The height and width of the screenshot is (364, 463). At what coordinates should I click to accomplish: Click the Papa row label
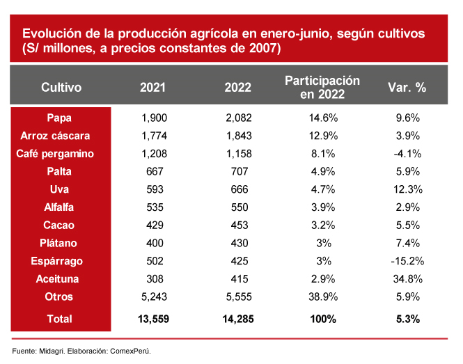(x=59, y=118)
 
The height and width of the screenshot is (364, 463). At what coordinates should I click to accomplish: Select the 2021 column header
(x=152, y=88)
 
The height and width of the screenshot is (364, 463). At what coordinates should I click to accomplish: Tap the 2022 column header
(x=237, y=88)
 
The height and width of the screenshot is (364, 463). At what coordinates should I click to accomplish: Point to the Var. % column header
(x=407, y=88)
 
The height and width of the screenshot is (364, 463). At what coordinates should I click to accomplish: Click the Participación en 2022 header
(x=322, y=88)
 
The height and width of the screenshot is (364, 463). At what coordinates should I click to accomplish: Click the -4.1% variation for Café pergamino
(x=406, y=153)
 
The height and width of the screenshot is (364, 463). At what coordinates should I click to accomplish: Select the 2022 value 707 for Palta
(x=238, y=171)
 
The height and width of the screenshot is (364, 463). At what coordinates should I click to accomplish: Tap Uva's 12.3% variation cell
(x=407, y=189)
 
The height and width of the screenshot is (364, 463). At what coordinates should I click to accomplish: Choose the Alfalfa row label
(x=59, y=207)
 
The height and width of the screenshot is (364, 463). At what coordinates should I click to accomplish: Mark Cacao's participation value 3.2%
(x=322, y=225)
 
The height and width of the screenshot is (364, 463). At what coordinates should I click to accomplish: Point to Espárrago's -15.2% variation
(x=406, y=261)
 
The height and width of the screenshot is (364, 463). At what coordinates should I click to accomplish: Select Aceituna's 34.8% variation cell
(x=407, y=279)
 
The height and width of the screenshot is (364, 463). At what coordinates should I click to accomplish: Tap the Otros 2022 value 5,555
(x=238, y=297)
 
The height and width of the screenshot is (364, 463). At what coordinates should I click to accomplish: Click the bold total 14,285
(x=238, y=319)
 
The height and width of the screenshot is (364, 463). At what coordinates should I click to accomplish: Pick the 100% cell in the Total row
(x=322, y=319)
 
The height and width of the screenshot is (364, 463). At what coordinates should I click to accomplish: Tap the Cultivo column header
(x=61, y=88)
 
